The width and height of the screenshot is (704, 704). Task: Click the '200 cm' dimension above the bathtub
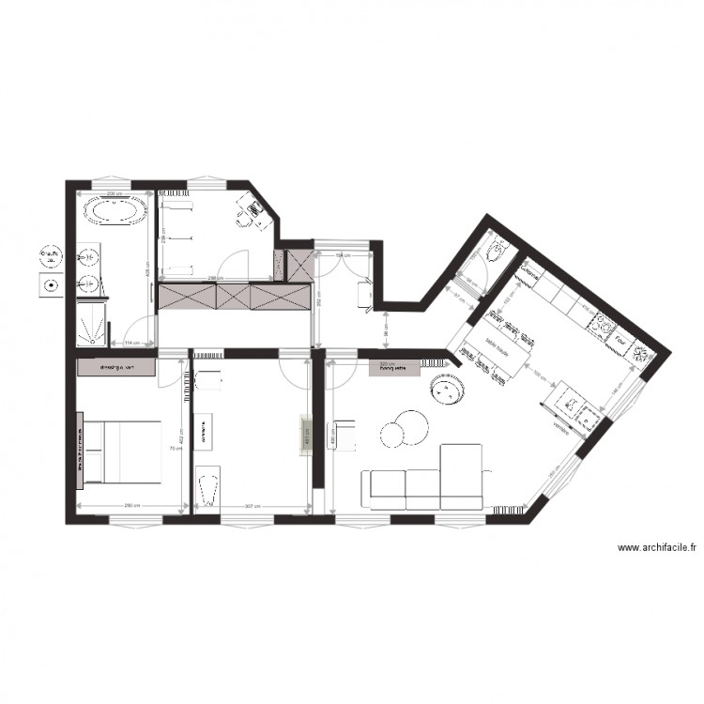pyautogui.click(x=112, y=194)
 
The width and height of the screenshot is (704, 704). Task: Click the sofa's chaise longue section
pyautogui.click(x=460, y=475)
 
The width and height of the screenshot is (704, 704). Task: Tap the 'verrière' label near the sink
pyautogui.click(x=560, y=427)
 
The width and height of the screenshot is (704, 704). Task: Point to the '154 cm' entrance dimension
pyautogui.click(x=344, y=255)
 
